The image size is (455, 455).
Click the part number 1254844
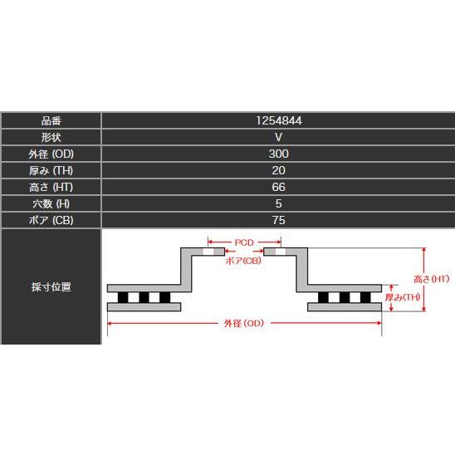click(279, 120)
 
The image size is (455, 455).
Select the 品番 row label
click(51, 120)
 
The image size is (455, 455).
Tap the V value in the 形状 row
click(279, 137)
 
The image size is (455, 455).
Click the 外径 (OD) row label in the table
click(51, 154)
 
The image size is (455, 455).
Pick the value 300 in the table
click(279, 154)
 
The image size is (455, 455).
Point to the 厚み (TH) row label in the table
click(51, 171)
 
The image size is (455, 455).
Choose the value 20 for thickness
click(279, 170)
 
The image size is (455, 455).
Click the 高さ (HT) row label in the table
click(51, 187)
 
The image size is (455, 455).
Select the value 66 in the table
click(279, 187)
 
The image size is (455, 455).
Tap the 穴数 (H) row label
click(51, 203)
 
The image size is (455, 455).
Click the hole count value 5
click(279, 203)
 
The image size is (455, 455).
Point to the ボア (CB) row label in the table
click(51, 220)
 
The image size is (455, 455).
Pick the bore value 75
click(279, 220)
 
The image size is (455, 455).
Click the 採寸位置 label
click(51, 286)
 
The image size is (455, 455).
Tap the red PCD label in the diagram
click(244, 242)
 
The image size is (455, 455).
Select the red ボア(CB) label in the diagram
click(243, 261)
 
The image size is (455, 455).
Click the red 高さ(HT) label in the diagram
click(432, 279)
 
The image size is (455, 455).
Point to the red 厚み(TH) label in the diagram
click(403, 297)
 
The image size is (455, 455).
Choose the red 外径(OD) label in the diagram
click(244, 323)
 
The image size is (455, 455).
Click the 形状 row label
click(51, 137)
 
